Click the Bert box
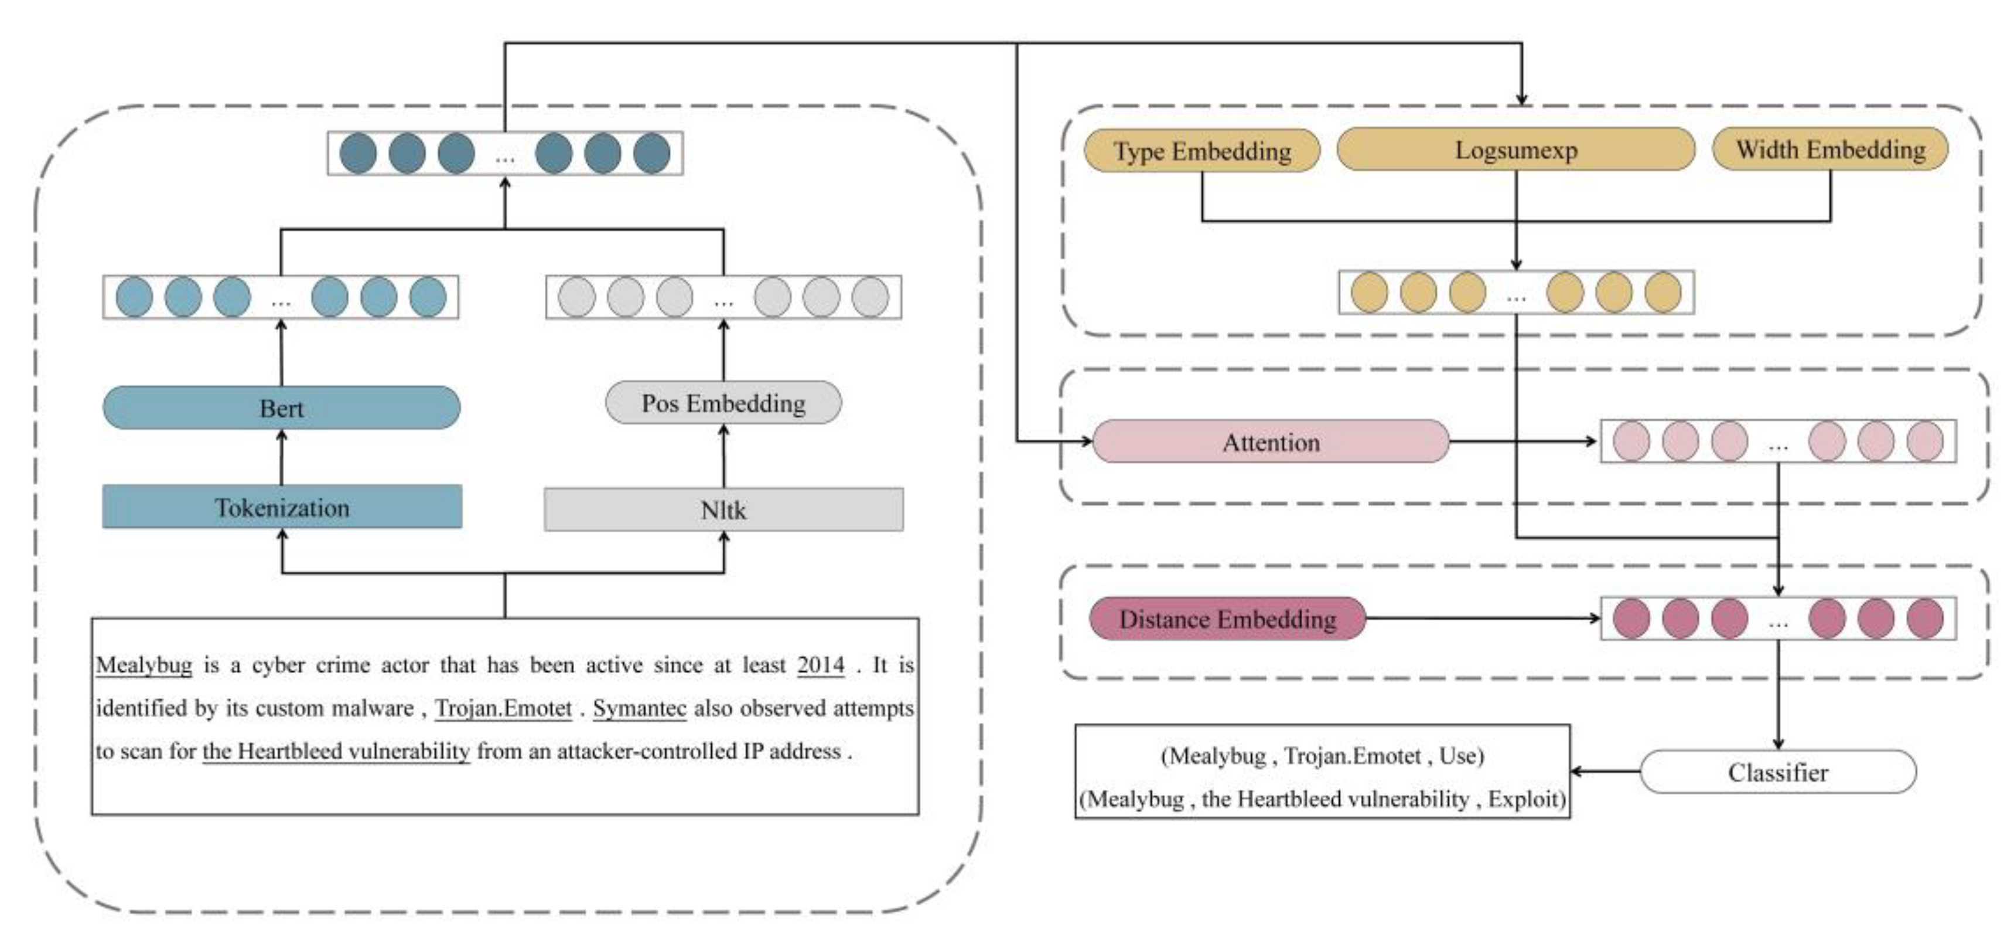coord(281,407)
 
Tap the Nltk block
coord(723,510)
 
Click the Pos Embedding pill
coord(723,403)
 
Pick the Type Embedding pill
coord(1201,150)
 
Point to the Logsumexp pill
coord(1515,150)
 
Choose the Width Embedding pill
coord(1829,150)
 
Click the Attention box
coord(1271,442)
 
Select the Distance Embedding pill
coord(1227,619)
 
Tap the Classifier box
coord(1778,772)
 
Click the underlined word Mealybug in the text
coord(144,665)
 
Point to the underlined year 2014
coord(820,665)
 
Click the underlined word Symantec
coord(640,708)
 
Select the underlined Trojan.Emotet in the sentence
coord(504,708)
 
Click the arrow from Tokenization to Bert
coord(282,457)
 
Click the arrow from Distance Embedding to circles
coord(1482,619)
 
